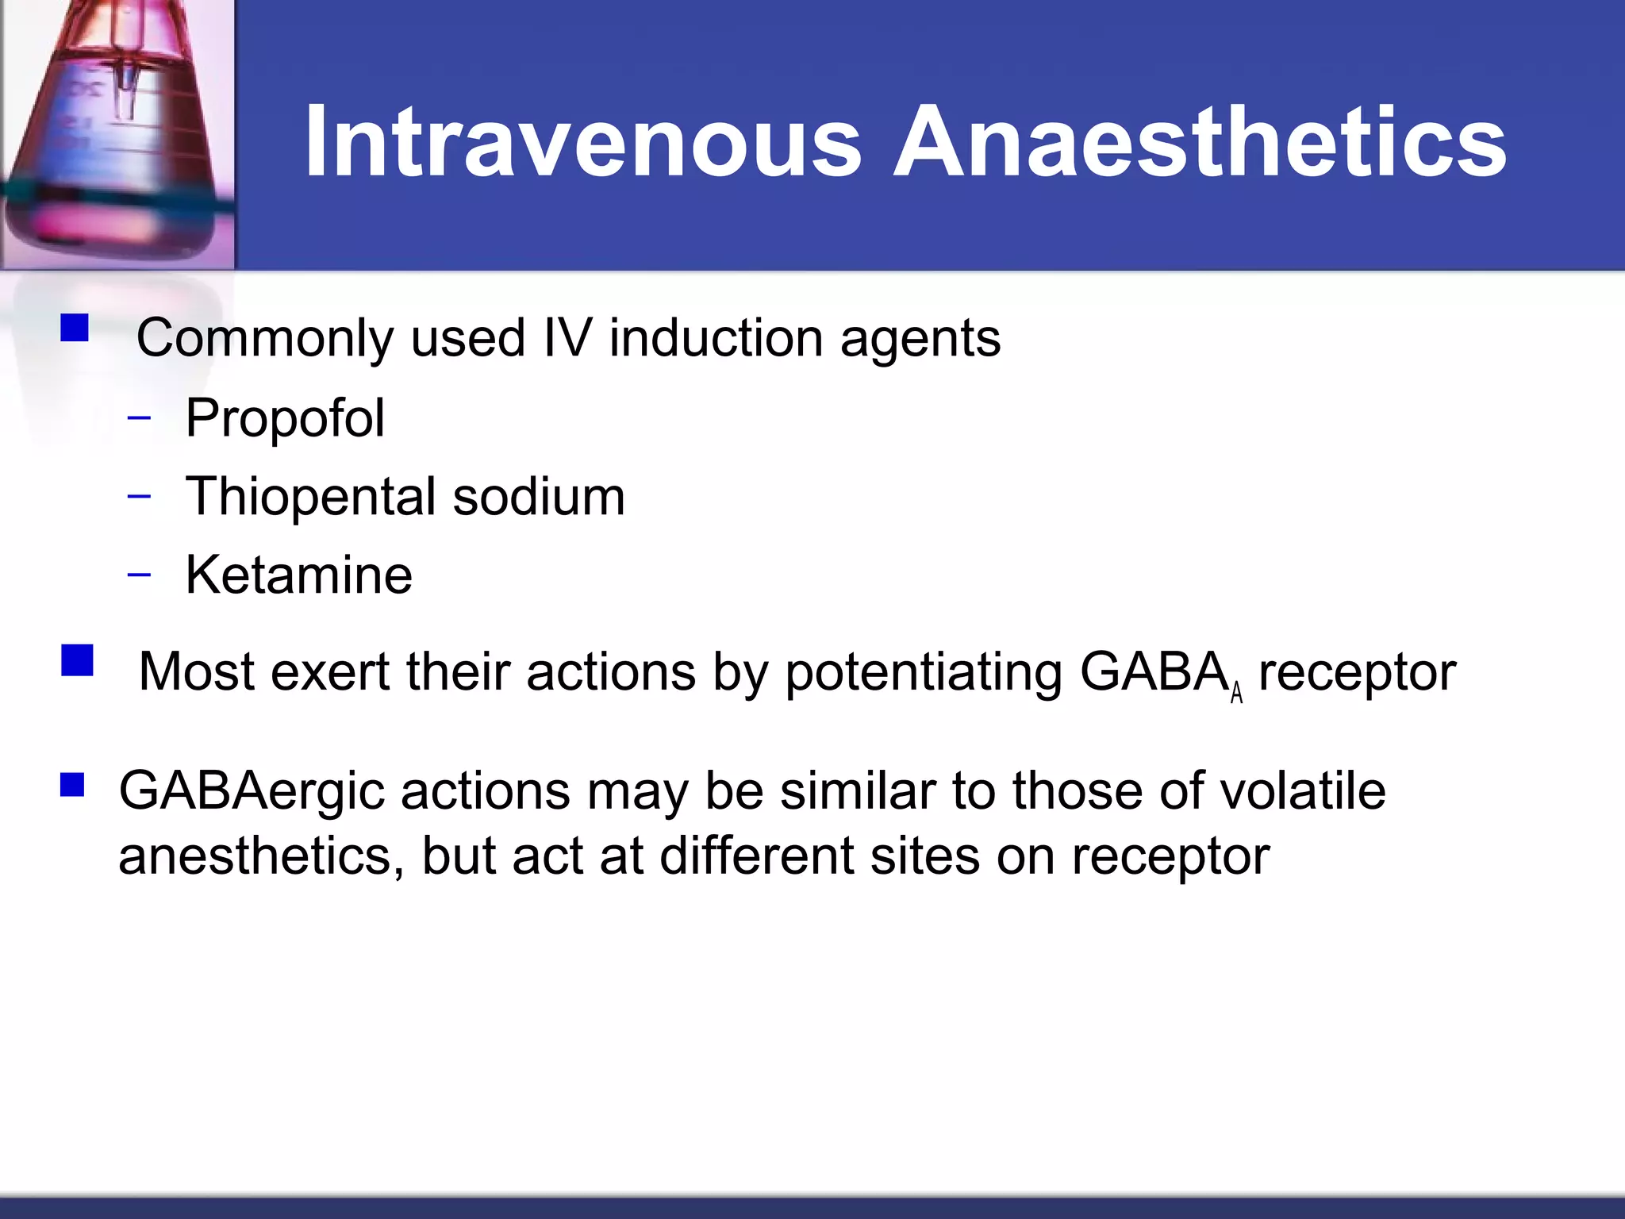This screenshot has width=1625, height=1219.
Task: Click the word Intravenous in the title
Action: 583,143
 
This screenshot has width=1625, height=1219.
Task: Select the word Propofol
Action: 285,418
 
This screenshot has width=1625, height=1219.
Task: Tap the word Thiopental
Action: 309,498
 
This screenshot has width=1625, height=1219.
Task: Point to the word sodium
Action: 539,498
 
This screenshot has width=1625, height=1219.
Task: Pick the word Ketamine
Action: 299,575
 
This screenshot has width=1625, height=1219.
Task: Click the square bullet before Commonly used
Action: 75,328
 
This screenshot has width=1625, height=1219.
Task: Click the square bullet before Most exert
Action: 77,660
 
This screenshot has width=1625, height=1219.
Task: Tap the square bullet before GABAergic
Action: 72,785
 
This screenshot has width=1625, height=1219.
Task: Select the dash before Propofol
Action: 139,417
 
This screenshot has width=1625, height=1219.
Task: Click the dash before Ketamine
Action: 139,575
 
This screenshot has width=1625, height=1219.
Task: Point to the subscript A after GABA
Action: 1236,694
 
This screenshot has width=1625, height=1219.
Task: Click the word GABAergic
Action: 252,791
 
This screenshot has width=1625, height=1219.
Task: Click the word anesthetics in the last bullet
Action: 260,856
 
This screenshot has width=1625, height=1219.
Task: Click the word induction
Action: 716,339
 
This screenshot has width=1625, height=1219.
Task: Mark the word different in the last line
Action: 757,856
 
